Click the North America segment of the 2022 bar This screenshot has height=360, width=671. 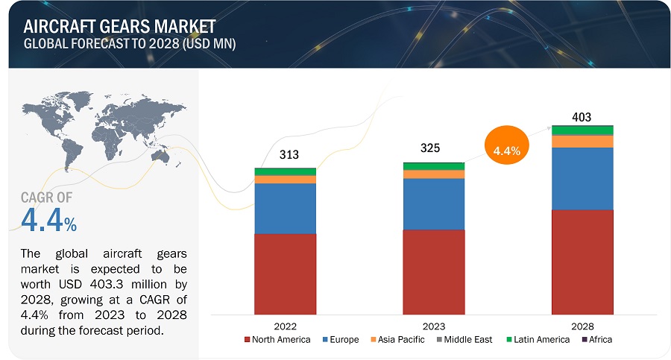coord(285,274)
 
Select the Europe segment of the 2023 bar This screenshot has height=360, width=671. coord(433,203)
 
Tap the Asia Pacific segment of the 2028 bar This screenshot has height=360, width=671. coord(582,142)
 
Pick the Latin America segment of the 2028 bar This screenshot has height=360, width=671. coord(582,130)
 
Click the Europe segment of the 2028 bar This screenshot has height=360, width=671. coord(582,178)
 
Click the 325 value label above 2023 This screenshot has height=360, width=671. coord(430,148)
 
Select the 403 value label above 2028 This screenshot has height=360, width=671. coord(582,116)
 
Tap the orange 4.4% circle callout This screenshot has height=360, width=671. coord(506,150)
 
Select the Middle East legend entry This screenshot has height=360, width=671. coord(469,340)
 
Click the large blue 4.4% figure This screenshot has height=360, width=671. coord(48,221)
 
